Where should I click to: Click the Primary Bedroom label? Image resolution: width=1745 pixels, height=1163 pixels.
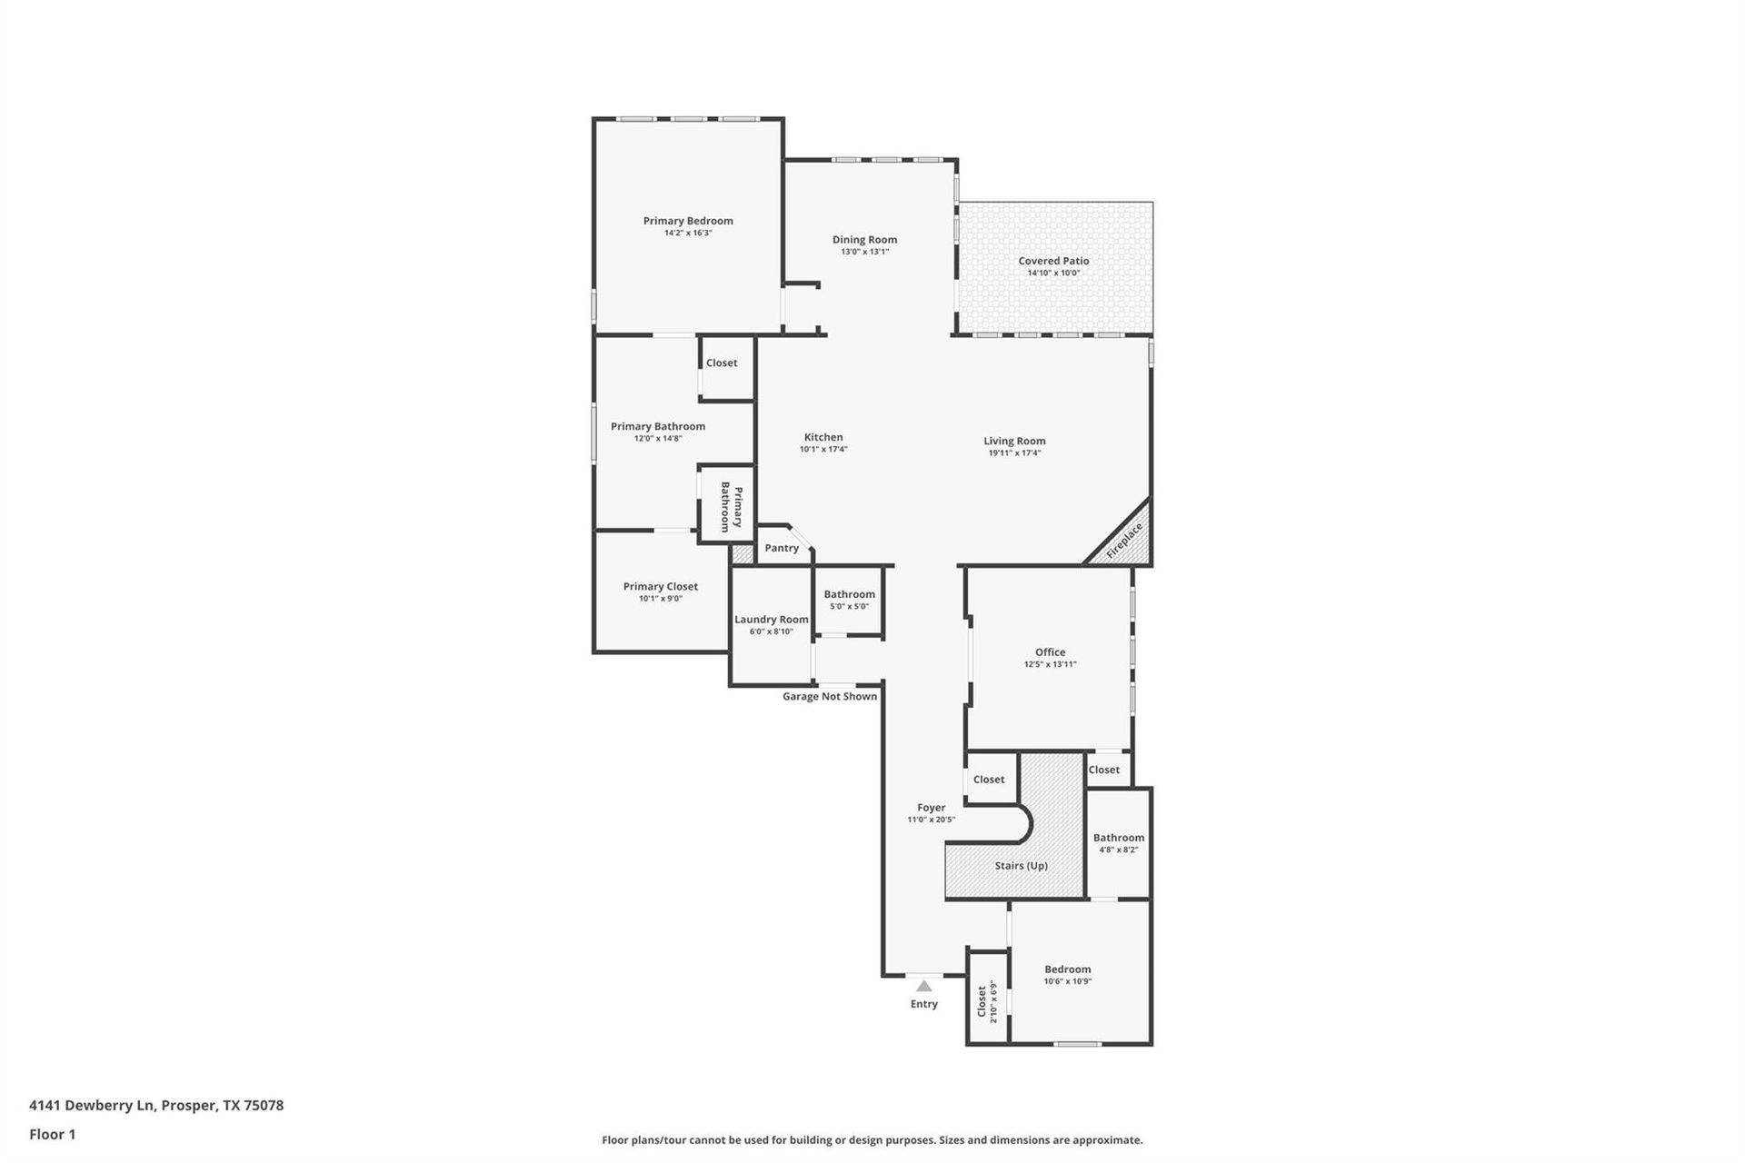click(688, 221)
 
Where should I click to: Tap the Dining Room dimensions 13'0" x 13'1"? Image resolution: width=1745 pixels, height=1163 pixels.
click(864, 252)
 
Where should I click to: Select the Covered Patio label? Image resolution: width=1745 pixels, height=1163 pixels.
click(1053, 261)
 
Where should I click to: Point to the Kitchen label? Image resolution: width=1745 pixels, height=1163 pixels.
click(823, 437)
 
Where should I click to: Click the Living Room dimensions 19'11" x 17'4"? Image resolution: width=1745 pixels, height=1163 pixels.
click(1014, 452)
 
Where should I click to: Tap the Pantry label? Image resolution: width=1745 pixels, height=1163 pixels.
click(782, 548)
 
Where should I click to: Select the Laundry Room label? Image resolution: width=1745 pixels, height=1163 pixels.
click(772, 620)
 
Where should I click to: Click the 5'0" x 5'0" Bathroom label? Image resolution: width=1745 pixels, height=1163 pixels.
click(850, 594)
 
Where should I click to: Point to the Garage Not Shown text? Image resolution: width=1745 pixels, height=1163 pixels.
click(830, 697)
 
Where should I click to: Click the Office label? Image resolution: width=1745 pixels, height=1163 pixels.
click(1050, 652)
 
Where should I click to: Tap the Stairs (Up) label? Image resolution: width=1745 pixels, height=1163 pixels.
click(1021, 866)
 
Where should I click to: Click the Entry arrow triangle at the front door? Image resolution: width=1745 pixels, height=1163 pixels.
click(924, 986)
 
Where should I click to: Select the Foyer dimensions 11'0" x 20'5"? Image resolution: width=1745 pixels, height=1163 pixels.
click(931, 820)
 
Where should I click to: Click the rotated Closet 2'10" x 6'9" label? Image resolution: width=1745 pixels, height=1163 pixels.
click(986, 1001)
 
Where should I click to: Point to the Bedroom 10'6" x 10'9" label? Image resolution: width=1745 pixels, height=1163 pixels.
click(1067, 969)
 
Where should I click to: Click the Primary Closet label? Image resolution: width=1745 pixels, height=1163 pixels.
click(661, 587)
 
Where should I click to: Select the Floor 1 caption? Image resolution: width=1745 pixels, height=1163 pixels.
click(53, 1134)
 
